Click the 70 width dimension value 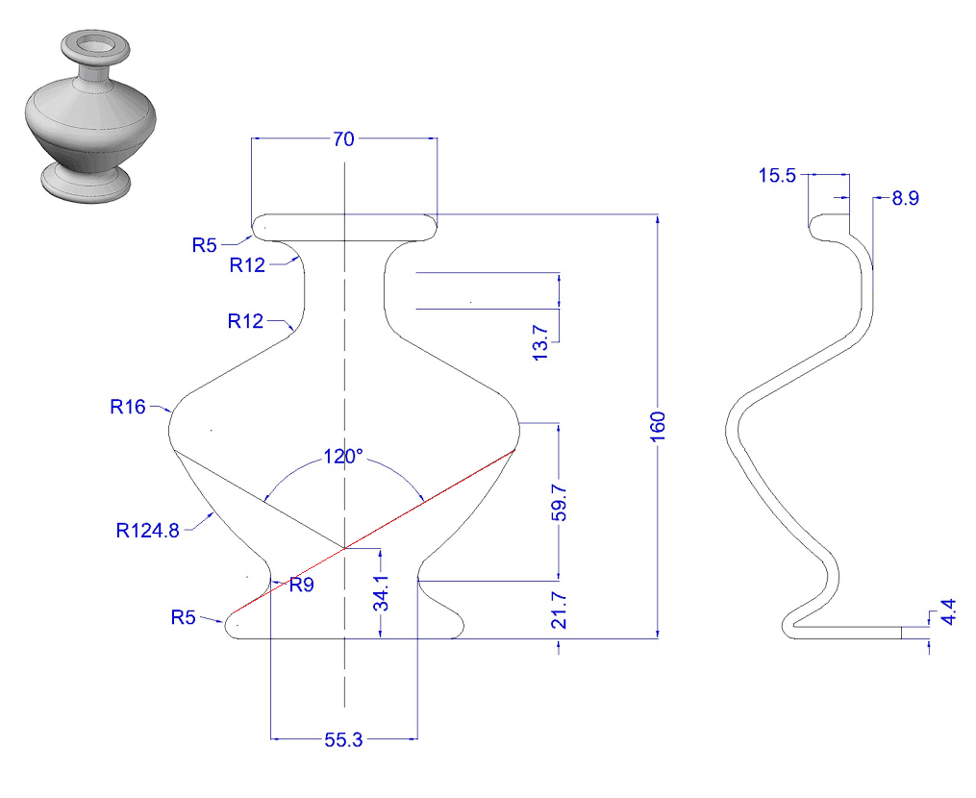click(x=343, y=139)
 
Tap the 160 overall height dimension click(x=658, y=423)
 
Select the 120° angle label click(x=343, y=457)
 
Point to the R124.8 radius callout click(x=148, y=529)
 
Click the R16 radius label click(x=127, y=407)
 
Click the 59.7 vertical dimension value click(x=559, y=501)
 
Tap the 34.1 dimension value click(x=382, y=594)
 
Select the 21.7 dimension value click(x=559, y=611)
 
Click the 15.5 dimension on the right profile click(x=777, y=176)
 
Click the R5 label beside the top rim click(x=204, y=244)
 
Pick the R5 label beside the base click(x=184, y=616)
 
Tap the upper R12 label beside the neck click(x=247, y=265)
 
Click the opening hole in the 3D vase click(x=94, y=43)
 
